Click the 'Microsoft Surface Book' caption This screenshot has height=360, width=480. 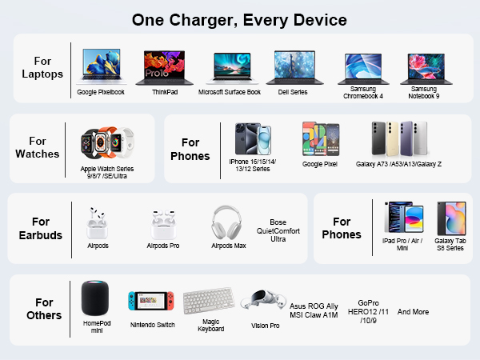click(x=230, y=92)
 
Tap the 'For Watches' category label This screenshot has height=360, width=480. click(x=37, y=148)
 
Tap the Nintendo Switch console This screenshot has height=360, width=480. click(x=152, y=302)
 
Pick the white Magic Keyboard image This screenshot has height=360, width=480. click(x=210, y=302)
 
